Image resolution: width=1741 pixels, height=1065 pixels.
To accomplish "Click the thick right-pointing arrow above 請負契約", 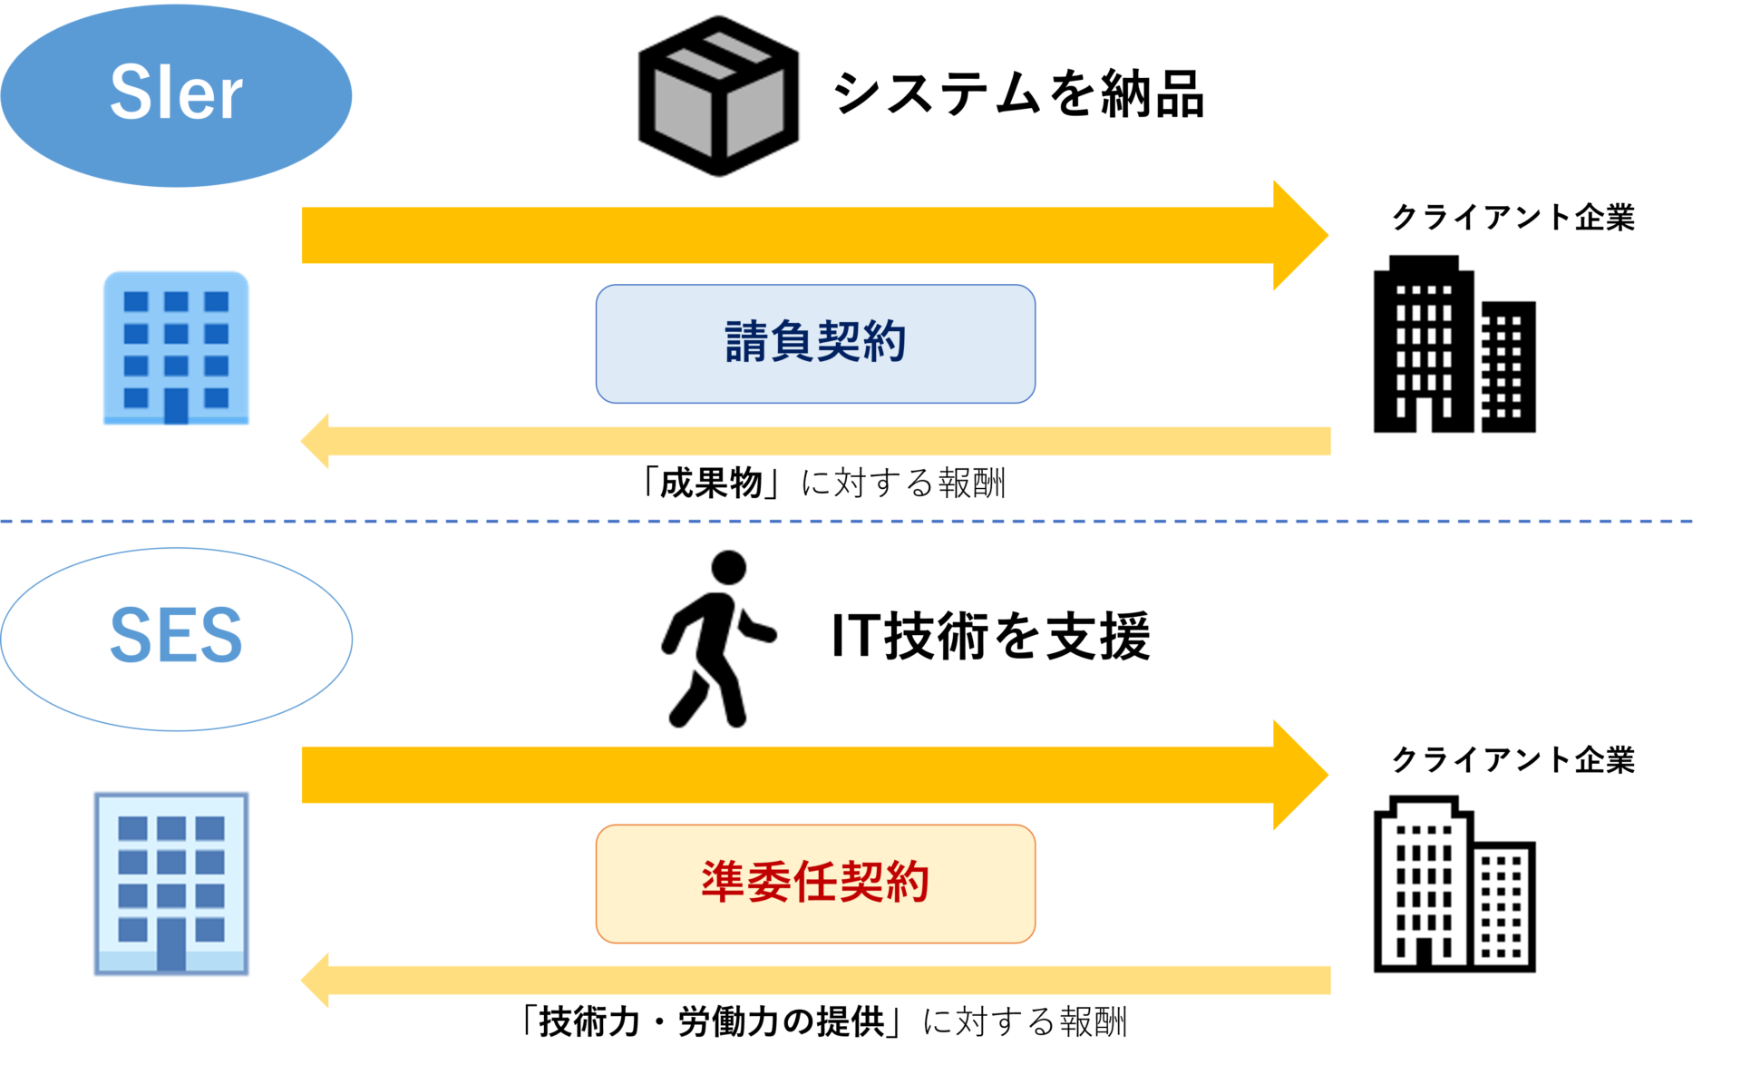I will [780, 235].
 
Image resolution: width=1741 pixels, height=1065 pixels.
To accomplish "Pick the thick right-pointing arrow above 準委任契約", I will [780, 775].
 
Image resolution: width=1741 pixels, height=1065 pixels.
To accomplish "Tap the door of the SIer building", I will [176, 405].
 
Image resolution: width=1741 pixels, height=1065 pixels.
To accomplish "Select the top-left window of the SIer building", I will [136, 301].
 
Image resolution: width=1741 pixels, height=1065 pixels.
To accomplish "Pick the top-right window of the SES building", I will [209, 828].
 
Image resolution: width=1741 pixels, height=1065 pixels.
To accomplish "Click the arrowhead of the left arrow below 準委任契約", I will [316, 980].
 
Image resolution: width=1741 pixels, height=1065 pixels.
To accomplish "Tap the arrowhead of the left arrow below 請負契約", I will [316, 441].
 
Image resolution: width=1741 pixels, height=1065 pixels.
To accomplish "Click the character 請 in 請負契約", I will [746, 342].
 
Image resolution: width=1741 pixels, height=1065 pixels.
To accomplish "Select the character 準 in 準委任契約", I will [723, 882].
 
